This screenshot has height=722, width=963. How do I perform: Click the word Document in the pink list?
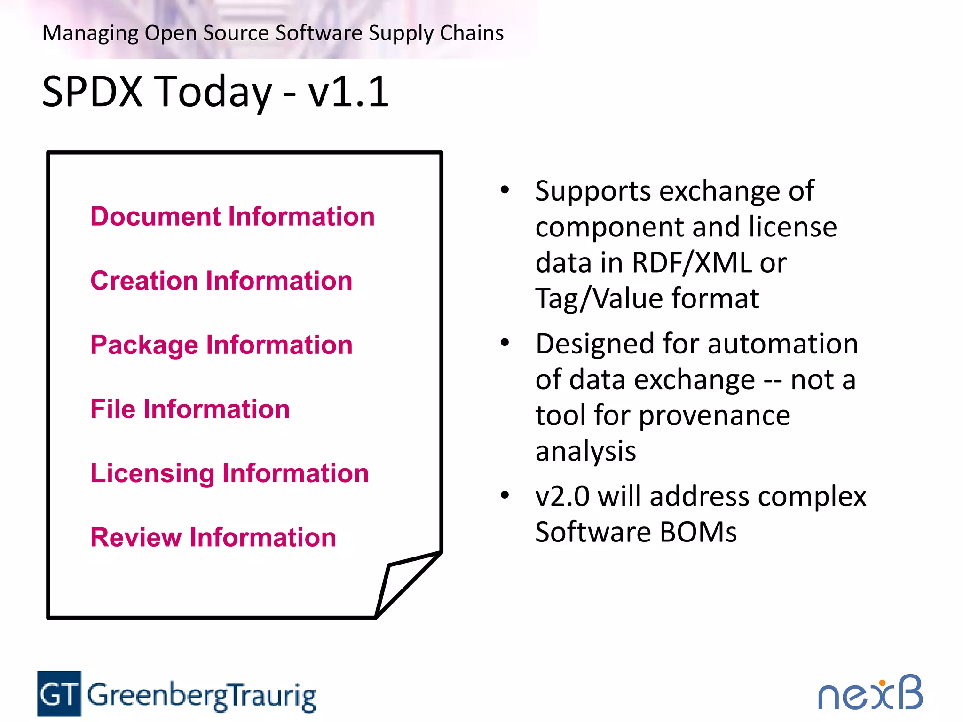point(155,217)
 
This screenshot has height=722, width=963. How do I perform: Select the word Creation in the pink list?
point(144,281)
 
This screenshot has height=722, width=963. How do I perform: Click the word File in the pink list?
point(112,409)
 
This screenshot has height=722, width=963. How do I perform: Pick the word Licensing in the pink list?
point(152,473)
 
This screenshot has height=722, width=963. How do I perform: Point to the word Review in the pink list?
point(135,537)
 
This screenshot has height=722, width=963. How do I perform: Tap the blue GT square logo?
point(59,694)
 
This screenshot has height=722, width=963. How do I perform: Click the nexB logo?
point(870,694)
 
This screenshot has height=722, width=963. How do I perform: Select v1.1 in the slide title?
point(348,92)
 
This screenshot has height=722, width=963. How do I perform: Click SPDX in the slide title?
point(92,92)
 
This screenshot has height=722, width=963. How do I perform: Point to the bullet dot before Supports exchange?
point(505,190)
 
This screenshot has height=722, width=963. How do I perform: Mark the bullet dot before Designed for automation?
point(505,343)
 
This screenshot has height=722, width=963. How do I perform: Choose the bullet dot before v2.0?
point(505,495)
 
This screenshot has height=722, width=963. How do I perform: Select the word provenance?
point(714,416)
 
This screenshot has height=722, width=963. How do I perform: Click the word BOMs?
point(698,532)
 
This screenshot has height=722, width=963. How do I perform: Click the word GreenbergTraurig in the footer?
point(201,696)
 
